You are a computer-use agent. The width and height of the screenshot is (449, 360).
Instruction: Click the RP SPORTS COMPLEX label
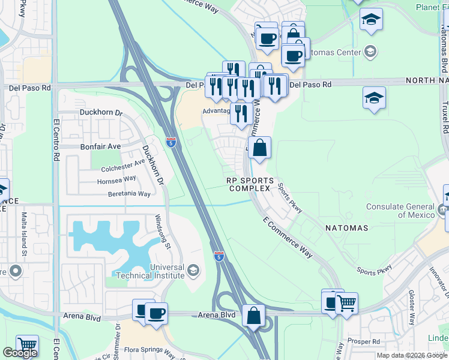point(250,184)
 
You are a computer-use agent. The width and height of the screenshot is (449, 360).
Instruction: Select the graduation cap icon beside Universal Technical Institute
point(193,271)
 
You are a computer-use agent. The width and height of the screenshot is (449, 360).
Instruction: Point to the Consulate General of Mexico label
point(402,211)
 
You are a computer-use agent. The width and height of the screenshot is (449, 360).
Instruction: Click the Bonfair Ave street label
point(101,146)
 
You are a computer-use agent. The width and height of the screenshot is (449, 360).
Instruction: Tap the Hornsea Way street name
point(118,179)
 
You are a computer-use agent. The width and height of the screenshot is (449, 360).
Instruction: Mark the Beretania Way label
point(128,194)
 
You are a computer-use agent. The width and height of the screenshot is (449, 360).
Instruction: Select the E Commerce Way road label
point(288,238)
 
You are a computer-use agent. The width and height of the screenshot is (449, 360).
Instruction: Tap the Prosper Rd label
point(368,341)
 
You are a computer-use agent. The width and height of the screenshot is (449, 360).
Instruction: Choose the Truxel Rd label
point(445,116)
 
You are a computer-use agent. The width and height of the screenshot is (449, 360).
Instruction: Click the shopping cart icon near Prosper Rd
point(346,303)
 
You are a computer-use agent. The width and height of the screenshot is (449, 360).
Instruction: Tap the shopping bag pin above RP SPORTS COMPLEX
point(260,148)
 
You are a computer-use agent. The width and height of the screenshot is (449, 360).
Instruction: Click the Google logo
point(20,353)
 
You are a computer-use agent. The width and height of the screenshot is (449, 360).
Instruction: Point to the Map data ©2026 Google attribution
point(412,355)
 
